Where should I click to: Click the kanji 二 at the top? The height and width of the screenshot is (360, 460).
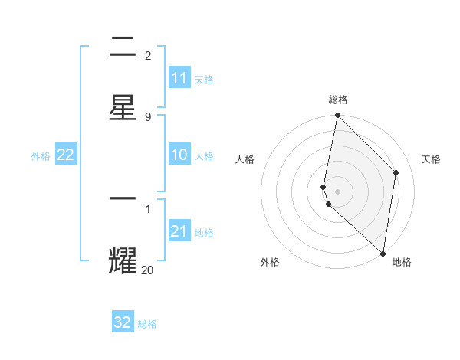point(123,48)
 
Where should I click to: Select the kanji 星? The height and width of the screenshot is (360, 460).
point(123,106)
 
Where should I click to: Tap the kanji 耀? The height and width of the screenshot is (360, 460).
point(123,260)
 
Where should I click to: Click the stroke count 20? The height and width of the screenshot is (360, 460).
point(148,270)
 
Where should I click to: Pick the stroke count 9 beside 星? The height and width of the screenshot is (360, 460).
point(148,116)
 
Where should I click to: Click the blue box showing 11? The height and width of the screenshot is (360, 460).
point(179,78)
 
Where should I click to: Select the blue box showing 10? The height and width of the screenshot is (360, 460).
point(179,155)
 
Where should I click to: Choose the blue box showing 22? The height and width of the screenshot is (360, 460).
point(66,155)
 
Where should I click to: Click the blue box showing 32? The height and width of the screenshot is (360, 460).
point(123,322)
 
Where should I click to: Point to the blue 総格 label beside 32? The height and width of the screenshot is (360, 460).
point(147,324)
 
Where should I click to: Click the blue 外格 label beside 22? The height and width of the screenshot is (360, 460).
point(41,156)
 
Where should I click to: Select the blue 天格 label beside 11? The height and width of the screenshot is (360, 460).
point(204,79)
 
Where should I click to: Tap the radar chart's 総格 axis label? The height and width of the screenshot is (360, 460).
point(338,100)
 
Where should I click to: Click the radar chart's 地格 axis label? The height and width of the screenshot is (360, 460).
point(402,263)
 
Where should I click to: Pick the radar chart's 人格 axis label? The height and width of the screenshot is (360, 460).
point(245,159)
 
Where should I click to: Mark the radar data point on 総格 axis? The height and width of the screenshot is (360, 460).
point(337,116)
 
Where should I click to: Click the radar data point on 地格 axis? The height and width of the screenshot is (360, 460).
point(383,253)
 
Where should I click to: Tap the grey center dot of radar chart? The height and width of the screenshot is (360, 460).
point(337,191)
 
